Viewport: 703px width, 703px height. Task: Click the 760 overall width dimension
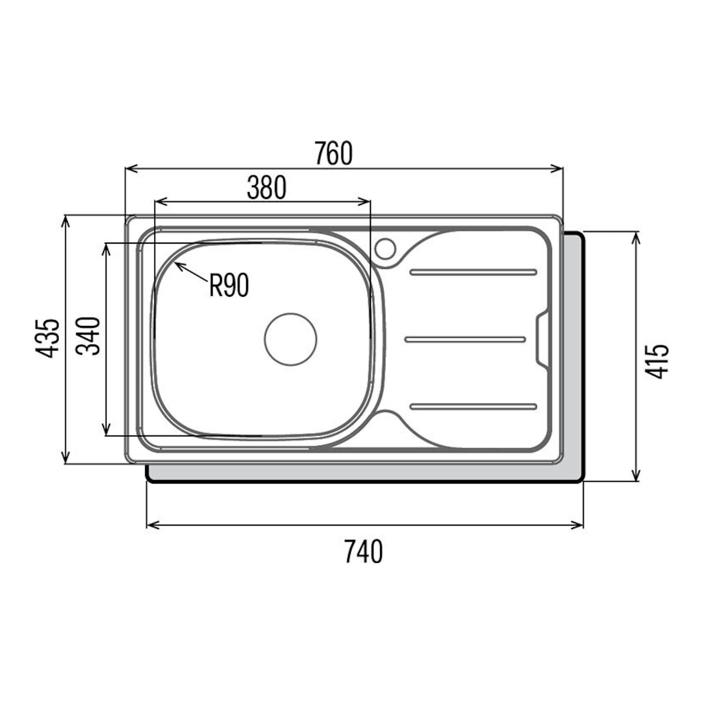click(x=334, y=153)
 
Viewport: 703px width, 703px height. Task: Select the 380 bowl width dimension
click(x=267, y=188)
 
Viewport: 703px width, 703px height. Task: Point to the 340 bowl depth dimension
click(x=88, y=336)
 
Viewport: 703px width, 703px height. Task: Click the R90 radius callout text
click(x=229, y=286)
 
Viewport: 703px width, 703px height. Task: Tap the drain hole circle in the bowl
click(x=291, y=339)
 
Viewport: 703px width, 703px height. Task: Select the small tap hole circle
click(x=385, y=248)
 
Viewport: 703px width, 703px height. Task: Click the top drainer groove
click(x=473, y=272)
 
